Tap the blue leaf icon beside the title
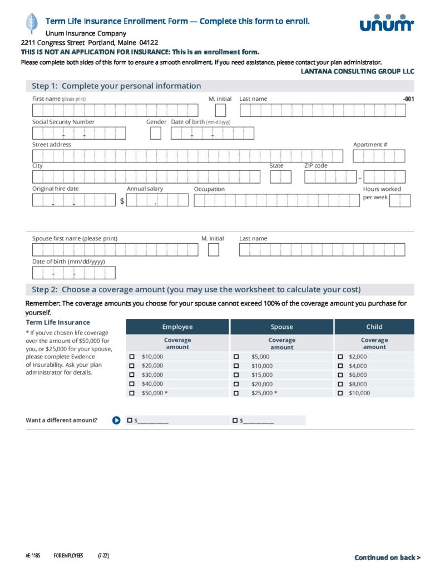click(x=31, y=23)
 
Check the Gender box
click(x=156, y=133)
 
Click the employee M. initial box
click(x=220, y=110)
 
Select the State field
click(x=280, y=177)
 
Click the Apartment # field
click(x=379, y=156)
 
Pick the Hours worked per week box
click(x=400, y=200)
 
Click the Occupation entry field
click(x=276, y=200)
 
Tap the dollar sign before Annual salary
click(x=122, y=201)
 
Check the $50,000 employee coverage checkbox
click(x=132, y=393)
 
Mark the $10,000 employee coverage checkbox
click(x=132, y=356)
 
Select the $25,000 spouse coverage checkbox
click(x=236, y=393)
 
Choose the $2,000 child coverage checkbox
click(x=340, y=356)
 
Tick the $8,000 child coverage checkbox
click(x=340, y=384)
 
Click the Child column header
click(x=374, y=327)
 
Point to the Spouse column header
click(x=281, y=327)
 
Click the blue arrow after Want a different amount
click(x=116, y=420)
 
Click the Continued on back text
click(x=387, y=557)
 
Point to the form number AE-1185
click(x=33, y=556)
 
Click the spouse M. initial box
click(x=214, y=250)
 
